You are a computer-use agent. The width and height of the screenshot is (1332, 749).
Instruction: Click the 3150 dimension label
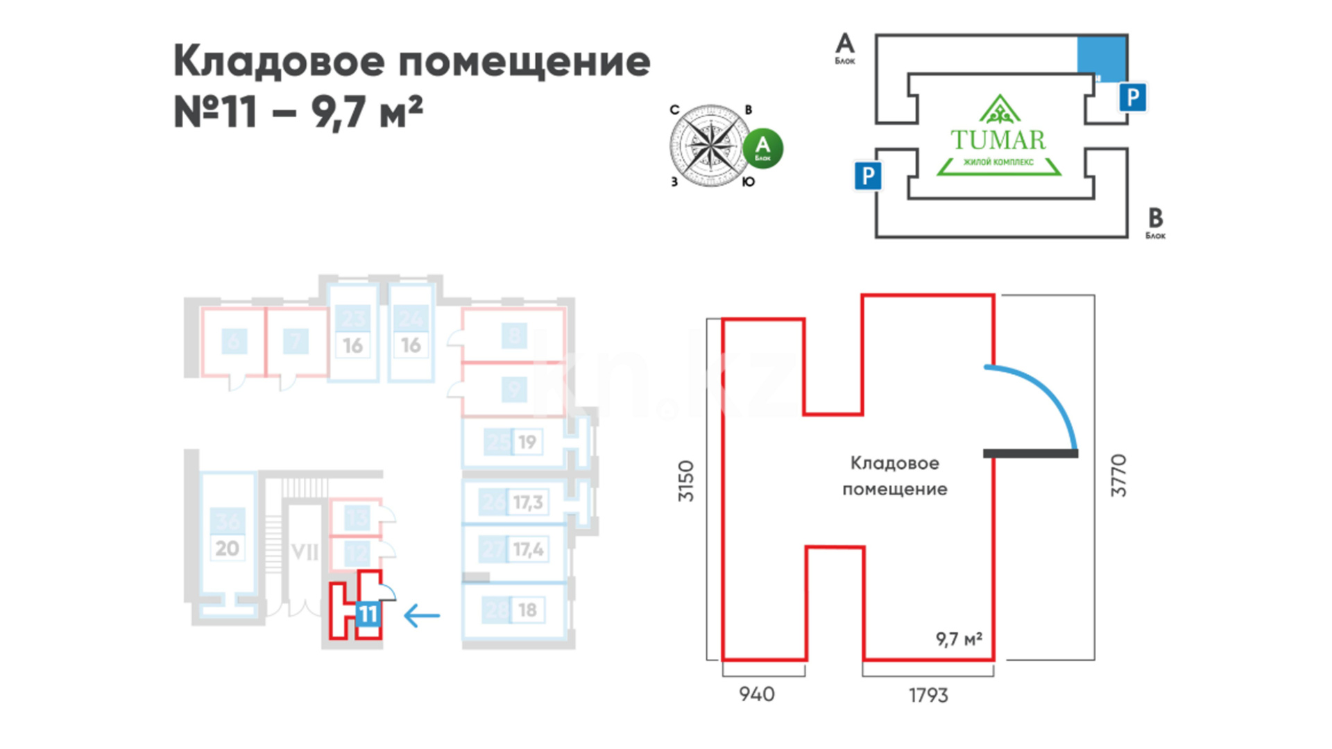coord(685,481)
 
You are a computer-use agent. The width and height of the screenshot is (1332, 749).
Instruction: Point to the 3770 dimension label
coord(1118,476)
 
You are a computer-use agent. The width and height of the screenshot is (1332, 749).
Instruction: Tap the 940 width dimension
coord(757,694)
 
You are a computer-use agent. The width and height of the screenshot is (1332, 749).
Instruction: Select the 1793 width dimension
coord(928,695)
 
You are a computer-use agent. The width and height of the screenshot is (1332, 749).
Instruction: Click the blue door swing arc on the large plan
coord(1048,395)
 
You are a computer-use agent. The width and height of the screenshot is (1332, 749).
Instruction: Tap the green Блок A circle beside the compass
coord(762,148)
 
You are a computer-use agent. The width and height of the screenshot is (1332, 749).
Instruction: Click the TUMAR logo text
coord(998,140)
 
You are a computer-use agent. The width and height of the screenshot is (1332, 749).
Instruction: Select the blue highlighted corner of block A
coord(1101,57)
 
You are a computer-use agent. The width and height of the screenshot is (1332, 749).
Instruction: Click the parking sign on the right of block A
coord(1132,97)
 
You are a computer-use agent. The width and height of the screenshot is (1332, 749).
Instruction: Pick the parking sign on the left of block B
coord(867,175)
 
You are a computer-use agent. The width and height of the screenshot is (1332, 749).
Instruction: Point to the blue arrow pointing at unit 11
coord(422,615)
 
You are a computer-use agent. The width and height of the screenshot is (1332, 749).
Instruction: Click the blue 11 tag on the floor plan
coord(368,614)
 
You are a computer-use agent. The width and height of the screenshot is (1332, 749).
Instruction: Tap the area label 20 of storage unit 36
coord(227,549)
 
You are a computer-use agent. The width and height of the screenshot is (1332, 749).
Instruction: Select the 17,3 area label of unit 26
coord(528,502)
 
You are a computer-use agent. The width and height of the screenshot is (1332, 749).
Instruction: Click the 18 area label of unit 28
coord(527,610)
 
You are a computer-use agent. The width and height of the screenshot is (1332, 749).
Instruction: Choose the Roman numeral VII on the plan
coord(305,553)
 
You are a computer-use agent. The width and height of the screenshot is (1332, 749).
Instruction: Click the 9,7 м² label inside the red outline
coord(959,639)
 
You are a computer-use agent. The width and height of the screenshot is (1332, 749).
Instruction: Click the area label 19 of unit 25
coord(527,442)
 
